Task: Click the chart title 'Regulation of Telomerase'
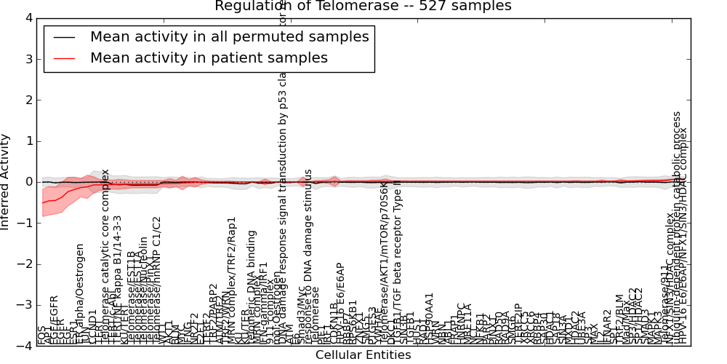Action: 363,6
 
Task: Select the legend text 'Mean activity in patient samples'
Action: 209,58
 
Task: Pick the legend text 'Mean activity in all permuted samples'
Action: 229,36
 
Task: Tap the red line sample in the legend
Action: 63,58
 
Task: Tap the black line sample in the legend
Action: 63,36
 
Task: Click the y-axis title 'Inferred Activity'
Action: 7,182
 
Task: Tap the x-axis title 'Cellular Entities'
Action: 363,355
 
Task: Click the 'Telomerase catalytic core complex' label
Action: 105,255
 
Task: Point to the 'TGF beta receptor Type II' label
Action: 398,240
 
